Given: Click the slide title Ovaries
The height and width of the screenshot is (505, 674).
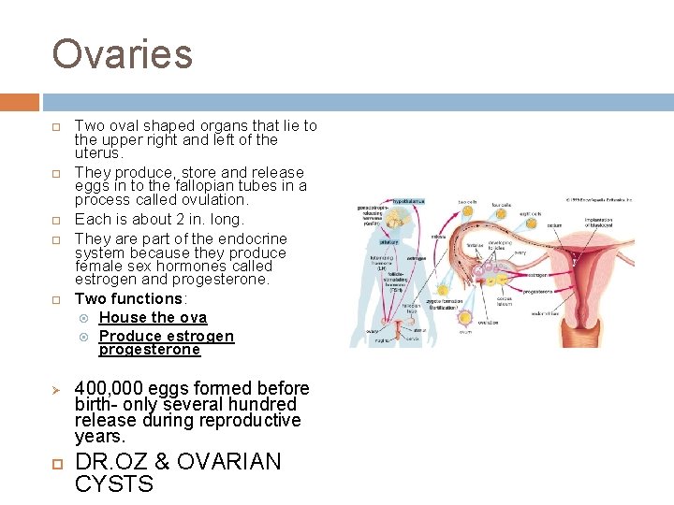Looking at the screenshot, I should coord(122,54).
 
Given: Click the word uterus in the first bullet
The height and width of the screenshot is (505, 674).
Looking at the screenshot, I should coord(96,153).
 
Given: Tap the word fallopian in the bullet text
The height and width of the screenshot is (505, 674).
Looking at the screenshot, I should coord(175,186).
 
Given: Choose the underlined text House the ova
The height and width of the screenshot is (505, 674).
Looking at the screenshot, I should coord(153,318).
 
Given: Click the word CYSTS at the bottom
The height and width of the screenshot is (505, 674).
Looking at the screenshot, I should coord(113,484).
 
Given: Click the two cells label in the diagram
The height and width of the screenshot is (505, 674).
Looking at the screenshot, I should coord(469,201).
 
